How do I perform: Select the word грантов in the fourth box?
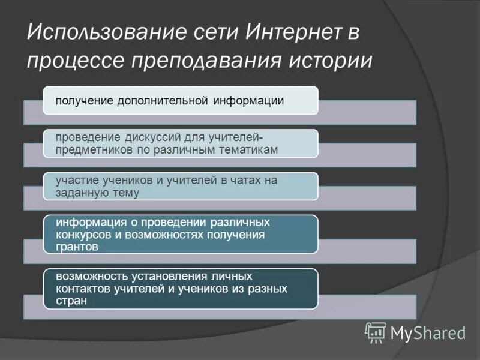pos(77,246)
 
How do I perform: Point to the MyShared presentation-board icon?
pos(376,332)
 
